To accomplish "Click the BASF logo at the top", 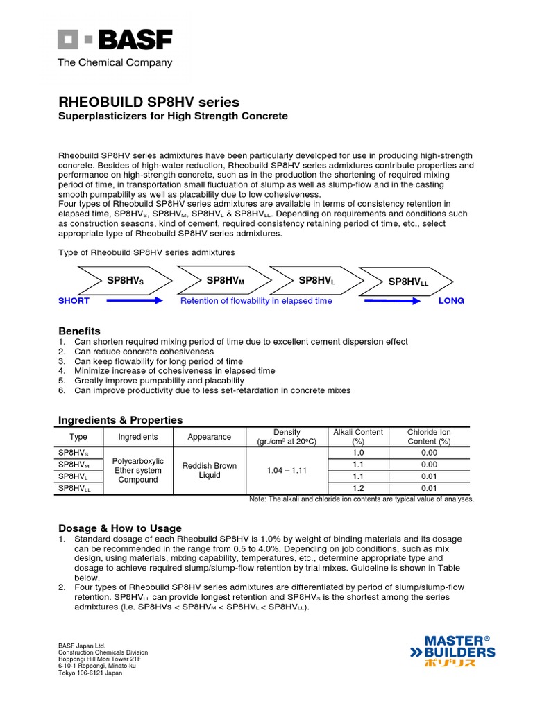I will coord(115,40).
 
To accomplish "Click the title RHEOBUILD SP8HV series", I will coord(149,102).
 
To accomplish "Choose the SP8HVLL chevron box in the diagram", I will coord(408,282).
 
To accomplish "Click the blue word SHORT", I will coord(74,301).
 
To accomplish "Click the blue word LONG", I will coord(451,301).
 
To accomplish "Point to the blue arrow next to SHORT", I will coord(135,301).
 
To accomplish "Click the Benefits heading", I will coord(79,331).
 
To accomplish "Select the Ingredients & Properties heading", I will coord(120,419).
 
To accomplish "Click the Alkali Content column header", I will coord(358,436).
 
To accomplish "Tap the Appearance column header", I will coord(210,437).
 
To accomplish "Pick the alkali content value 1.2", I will coord(358,488).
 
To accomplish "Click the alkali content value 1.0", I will coord(358,453).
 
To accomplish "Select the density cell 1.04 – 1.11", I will coord(287,470).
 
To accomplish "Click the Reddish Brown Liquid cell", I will coord(210,470).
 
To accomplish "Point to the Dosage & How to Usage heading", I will coord(119,528).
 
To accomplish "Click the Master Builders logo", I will coord(452,651).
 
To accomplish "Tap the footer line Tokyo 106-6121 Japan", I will coord(90,673).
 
